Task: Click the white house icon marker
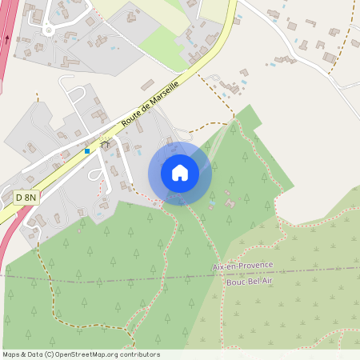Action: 180,173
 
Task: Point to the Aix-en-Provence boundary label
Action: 242,265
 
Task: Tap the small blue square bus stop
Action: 87,150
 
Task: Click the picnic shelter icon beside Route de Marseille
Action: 104,146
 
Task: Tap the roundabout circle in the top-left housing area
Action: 49,30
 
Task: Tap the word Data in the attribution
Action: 34,354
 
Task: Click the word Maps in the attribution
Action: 11,354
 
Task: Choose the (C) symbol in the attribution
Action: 50,354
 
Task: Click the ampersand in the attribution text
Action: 23,354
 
